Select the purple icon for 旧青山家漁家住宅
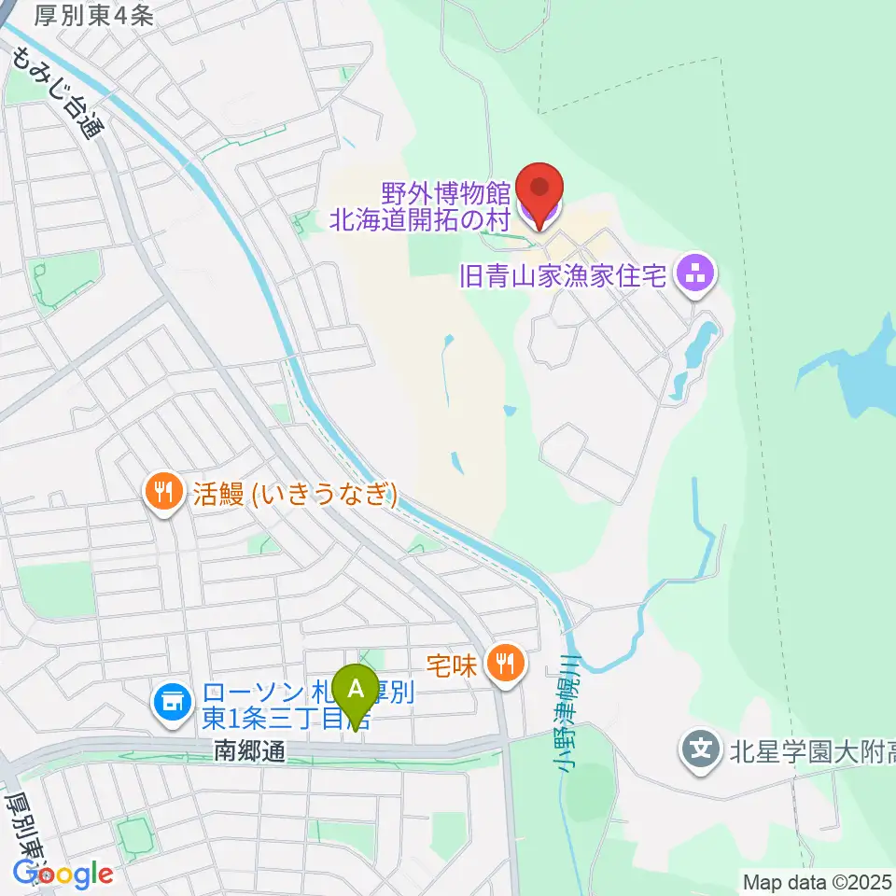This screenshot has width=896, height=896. pyautogui.click(x=696, y=274)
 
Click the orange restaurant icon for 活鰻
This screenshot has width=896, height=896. pyautogui.click(x=164, y=492)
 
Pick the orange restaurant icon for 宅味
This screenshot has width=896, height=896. pyautogui.click(x=506, y=665)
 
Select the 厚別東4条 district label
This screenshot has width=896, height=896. pyautogui.click(x=92, y=15)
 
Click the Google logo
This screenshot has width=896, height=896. pyautogui.click(x=62, y=874)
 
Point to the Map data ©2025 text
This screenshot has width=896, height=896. pyautogui.click(x=817, y=880)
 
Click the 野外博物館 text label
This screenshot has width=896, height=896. pyautogui.click(x=446, y=193)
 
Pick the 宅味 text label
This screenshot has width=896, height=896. pyautogui.click(x=453, y=665)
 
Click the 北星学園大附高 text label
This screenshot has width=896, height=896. pyautogui.click(x=810, y=749)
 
